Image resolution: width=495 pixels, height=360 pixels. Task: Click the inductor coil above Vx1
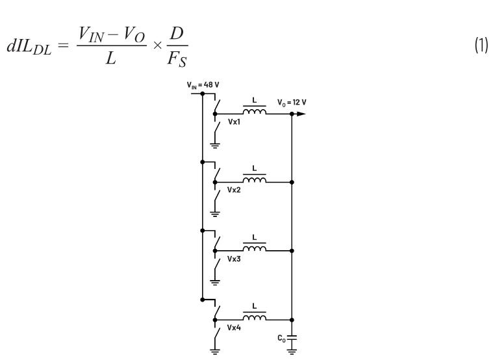tap(254, 112)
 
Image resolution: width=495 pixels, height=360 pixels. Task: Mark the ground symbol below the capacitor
tap(292, 350)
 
